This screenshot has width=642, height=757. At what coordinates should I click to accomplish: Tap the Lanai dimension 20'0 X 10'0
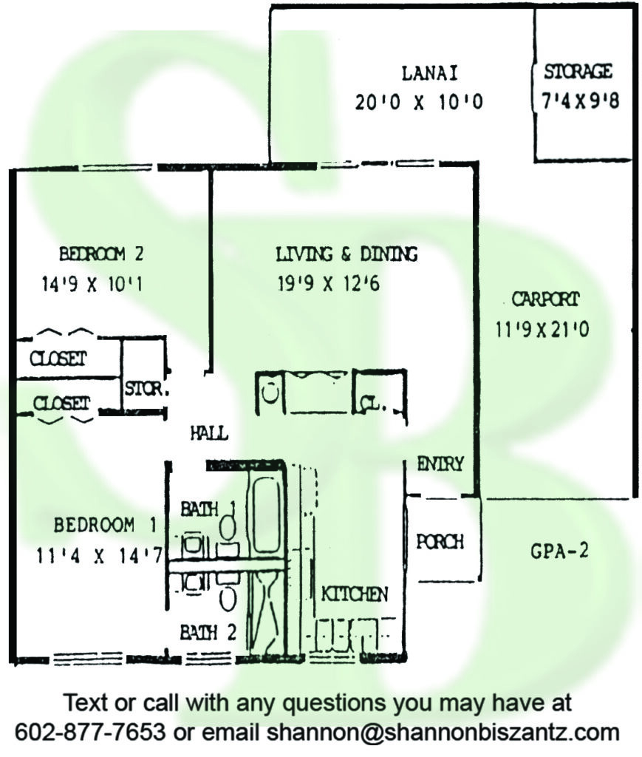(x=419, y=102)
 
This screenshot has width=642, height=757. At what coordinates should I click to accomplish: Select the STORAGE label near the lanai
(x=578, y=72)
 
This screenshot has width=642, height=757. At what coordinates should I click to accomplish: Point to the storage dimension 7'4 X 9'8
(x=580, y=101)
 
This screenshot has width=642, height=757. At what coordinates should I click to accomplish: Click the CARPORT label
(x=545, y=299)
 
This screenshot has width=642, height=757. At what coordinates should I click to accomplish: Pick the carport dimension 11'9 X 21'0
(x=542, y=330)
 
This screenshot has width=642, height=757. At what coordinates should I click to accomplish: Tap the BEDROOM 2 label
(x=101, y=254)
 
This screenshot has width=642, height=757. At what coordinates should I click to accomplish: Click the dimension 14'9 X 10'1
(x=92, y=284)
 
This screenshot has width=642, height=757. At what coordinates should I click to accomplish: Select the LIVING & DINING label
(x=346, y=254)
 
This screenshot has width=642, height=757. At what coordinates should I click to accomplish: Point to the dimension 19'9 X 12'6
(x=329, y=283)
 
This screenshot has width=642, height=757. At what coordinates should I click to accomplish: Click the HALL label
(x=209, y=433)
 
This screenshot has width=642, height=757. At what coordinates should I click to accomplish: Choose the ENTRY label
(x=440, y=464)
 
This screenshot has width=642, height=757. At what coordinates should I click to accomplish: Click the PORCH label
(x=440, y=542)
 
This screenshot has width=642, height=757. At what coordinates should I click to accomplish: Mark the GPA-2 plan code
(x=559, y=550)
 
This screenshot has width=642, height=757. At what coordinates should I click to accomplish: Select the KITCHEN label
(x=355, y=594)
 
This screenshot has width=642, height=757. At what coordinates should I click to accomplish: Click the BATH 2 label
(x=208, y=632)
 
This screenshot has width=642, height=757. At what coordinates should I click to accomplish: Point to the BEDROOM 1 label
(x=106, y=525)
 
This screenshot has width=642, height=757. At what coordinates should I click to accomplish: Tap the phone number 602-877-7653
(x=90, y=732)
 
